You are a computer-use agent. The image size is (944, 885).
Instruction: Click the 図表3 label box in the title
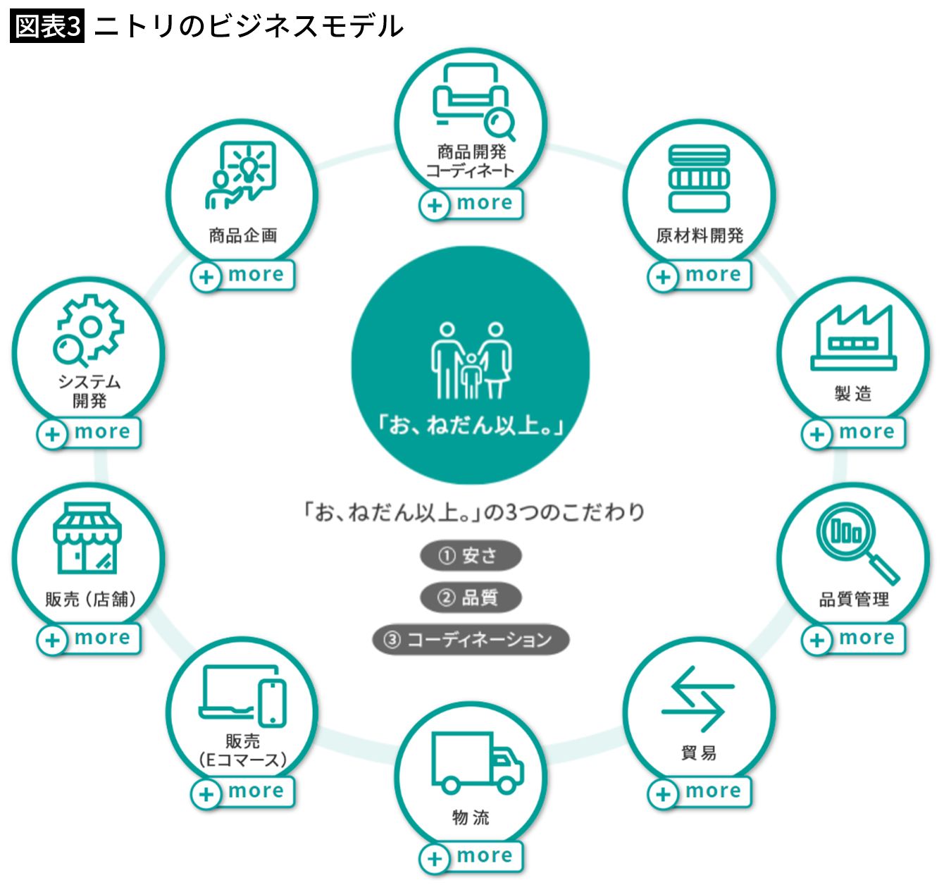(47, 26)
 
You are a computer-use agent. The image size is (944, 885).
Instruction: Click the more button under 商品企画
(242, 276)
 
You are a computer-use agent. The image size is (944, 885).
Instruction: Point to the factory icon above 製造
(853, 338)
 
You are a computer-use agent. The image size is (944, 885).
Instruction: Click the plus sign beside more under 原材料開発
(663, 277)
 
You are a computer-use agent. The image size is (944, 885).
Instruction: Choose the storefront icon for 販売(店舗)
(87, 538)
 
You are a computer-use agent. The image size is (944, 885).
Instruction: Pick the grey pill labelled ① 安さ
(471, 555)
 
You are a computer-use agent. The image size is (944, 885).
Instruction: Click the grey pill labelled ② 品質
(471, 598)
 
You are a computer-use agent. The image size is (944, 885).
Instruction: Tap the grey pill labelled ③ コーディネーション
(471, 639)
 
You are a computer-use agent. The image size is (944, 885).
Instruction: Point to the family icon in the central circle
(471, 361)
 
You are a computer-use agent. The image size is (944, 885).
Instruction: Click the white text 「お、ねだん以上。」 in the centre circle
(471, 425)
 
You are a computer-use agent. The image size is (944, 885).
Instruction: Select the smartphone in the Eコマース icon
(273, 705)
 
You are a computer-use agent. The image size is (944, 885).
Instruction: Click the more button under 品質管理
(853, 638)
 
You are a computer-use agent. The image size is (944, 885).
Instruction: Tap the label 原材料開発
(700, 235)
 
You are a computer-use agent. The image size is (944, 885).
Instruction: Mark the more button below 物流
(471, 857)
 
